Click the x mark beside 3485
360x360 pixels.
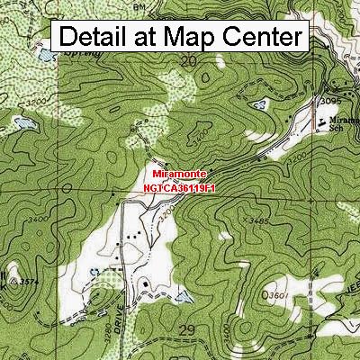(245, 219)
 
